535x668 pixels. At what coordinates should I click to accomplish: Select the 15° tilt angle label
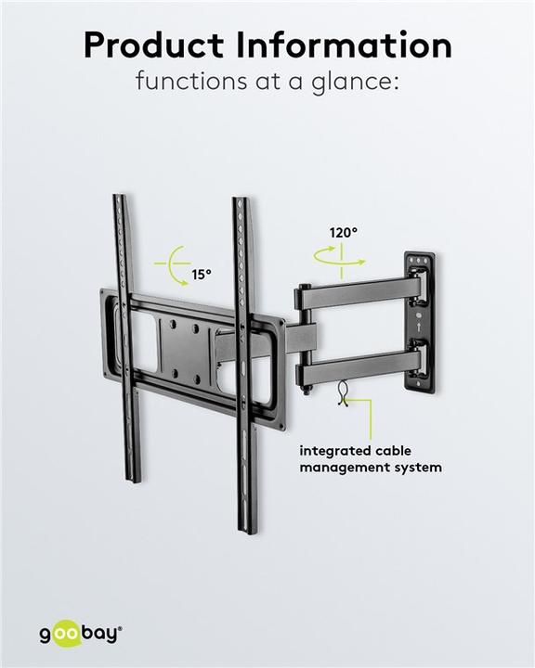202,275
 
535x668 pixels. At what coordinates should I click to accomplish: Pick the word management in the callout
341,468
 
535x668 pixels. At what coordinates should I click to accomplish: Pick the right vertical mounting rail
244,362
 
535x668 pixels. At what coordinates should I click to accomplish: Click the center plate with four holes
187,340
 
